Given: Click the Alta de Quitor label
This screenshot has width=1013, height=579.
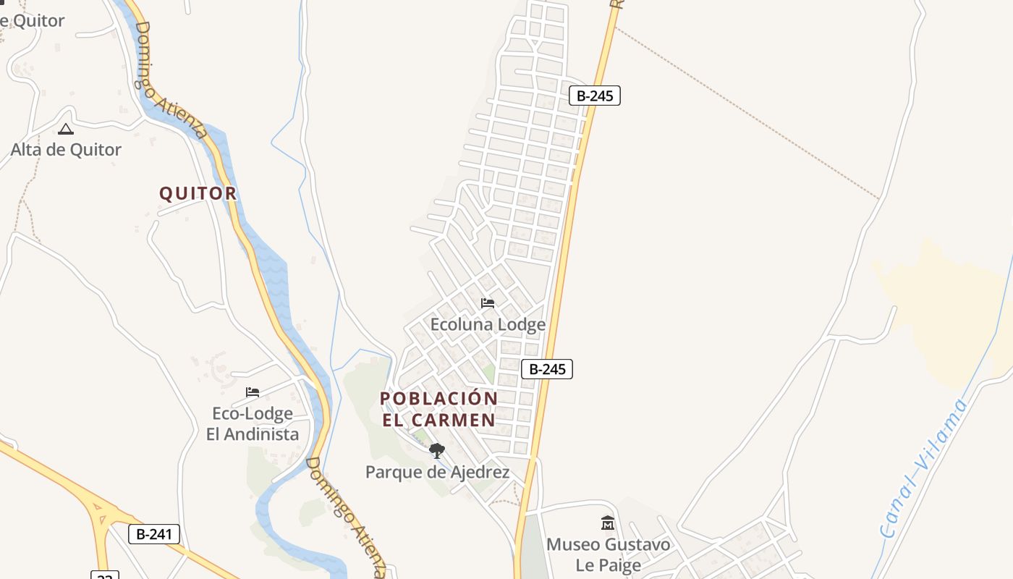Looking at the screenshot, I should (x=66, y=150).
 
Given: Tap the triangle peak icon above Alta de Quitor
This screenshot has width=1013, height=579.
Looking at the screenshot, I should (x=66, y=130).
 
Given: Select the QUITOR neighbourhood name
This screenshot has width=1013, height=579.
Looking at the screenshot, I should (x=198, y=193).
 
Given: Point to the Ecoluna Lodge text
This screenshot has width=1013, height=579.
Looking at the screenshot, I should (x=488, y=324).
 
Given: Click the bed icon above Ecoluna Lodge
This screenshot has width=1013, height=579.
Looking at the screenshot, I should (x=488, y=303).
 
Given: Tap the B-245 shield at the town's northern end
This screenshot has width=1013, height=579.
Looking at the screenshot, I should (x=595, y=96).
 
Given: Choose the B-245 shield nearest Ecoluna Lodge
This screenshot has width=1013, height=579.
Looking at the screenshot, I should (x=547, y=369).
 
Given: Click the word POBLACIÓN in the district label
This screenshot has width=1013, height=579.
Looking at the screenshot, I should (x=438, y=399).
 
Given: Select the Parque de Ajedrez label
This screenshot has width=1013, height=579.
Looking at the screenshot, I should (x=437, y=473).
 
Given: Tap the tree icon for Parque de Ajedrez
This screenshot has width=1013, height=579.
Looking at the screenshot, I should (x=436, y=452).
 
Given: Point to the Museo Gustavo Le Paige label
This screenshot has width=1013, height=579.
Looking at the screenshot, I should (x=608, y=554).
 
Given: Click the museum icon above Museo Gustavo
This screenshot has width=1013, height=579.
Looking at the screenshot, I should (x=608, y=523).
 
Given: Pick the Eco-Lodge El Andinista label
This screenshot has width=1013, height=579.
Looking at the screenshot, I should (x=253, y=423).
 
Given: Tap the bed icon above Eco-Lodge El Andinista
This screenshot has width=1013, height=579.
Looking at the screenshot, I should (x=253, y=392).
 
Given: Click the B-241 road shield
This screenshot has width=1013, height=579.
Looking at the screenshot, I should (x=153, y=534).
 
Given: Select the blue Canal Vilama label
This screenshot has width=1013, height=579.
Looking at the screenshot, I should (x=924, y=468).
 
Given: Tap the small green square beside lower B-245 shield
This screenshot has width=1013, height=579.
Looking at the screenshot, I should (x=489, y=374).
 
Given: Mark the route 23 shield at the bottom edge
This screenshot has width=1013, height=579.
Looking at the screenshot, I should (x=104, y=575).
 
